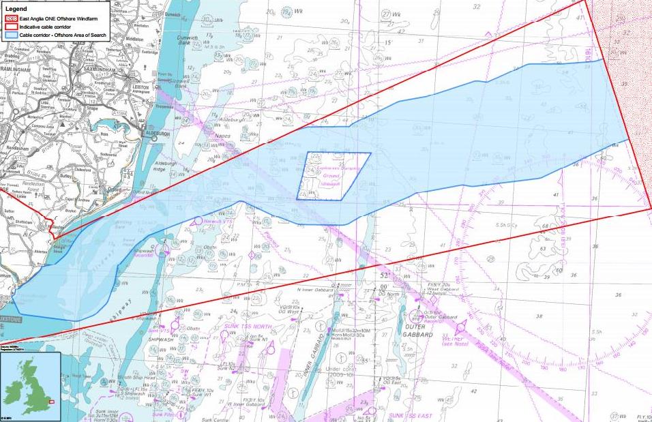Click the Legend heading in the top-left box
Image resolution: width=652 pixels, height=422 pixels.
tap(15, 9)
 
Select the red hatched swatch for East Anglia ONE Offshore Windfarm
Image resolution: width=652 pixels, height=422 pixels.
tap(11, 18)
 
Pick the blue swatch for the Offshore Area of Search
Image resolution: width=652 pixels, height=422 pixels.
tap(11, 33)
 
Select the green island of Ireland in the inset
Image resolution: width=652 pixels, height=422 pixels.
tap(12, 388)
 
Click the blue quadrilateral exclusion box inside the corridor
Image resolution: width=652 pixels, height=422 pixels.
tap(333, 176)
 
